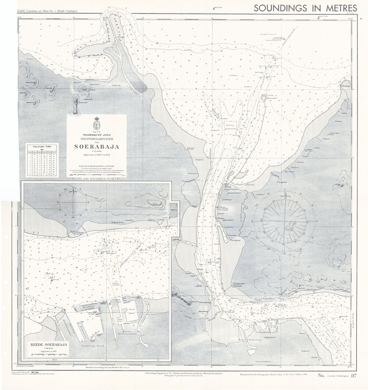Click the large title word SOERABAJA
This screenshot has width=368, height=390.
97,147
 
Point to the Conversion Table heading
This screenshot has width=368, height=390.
41,146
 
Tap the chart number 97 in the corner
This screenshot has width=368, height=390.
354,376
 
